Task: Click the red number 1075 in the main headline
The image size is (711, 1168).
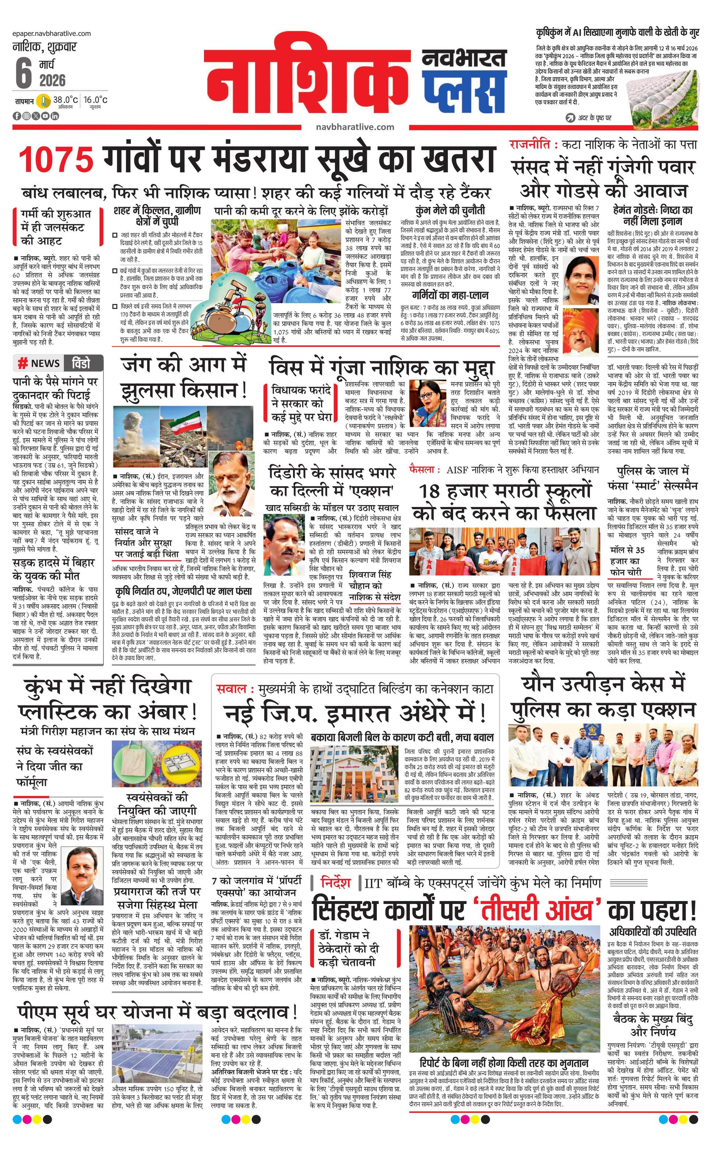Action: (56, 159)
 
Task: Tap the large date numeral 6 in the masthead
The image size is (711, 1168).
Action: (23, 73)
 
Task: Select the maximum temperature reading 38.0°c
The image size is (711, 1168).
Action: (65, 100)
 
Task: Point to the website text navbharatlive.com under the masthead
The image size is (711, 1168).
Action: (355, 127)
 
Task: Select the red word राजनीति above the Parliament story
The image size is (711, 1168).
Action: (530, 145)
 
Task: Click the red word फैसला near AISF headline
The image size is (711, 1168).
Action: (422, 470)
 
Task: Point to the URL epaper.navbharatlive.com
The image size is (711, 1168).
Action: (52, 34)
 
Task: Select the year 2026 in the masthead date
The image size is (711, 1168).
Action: (53, 81)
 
